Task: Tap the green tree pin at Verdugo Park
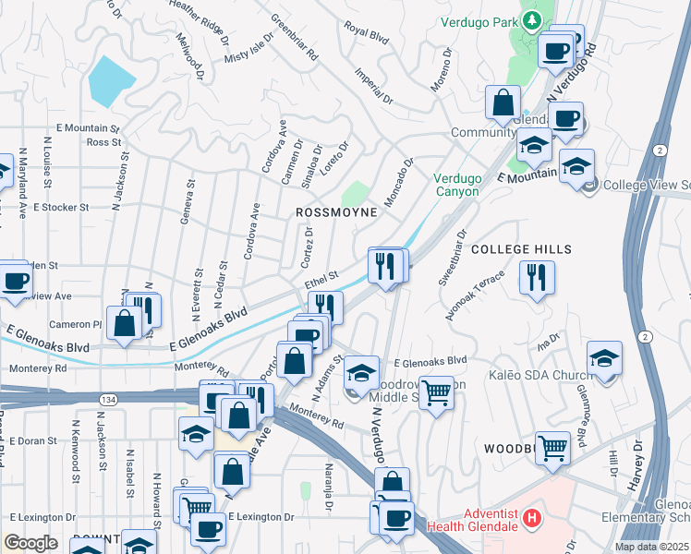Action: coord(532,20)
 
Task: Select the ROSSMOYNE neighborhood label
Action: coord(336,212)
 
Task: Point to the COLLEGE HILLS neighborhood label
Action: coord(522,249)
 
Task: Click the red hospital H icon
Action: coord(531,518)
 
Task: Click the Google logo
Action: coord(30,543)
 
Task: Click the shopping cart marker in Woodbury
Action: coord(552,448)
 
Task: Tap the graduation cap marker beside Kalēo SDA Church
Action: coord(604,358)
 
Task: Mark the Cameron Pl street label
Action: coord(76,324)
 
